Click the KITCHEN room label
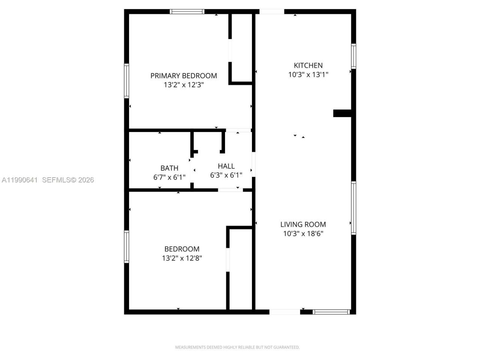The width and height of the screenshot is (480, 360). (308, 65)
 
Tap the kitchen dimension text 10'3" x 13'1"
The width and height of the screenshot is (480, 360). (308, 75)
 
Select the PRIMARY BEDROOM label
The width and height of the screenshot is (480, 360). (184, 76)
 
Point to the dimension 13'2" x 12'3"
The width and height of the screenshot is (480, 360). (184, 85)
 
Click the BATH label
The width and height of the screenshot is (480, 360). (169, 168)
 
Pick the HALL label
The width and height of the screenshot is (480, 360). (226, 166)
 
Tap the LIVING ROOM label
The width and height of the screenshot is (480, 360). (303, 224)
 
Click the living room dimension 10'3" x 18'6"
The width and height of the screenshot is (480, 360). (303, 234)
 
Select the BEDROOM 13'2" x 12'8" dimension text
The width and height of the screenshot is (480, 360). (182, 258)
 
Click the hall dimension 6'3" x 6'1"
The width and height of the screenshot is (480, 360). (226, 175)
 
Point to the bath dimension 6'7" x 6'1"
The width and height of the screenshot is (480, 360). (169, 177)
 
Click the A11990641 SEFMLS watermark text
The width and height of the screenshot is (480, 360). (48, 180)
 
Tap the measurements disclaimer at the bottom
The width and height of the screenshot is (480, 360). (237, 347)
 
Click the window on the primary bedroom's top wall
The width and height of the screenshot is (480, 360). (187, 12)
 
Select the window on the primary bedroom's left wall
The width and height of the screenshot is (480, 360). (127, 81)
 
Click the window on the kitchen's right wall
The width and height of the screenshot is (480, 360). (353, 56)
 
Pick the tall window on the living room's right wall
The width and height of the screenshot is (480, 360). (353, 208)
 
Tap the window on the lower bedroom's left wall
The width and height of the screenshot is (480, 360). (127, 246)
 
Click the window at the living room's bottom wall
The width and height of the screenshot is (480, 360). (331, 312)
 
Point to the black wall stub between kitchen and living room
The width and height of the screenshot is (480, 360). (342, 113)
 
